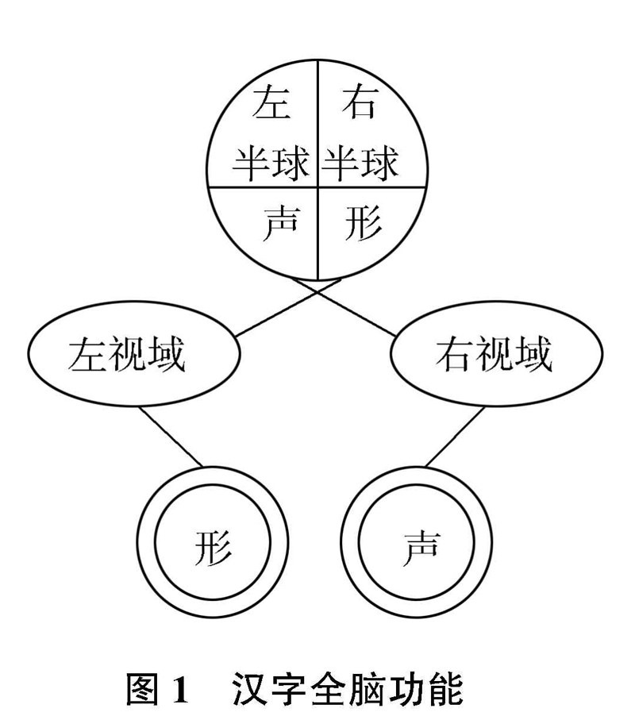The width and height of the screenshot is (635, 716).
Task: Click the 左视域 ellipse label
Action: (128, 355)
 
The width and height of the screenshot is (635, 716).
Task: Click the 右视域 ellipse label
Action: (494, 355)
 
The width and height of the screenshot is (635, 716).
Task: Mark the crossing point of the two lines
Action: (318, 291)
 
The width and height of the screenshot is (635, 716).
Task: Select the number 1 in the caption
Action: (180, 689)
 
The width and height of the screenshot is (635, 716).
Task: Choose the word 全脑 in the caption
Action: (348, 689)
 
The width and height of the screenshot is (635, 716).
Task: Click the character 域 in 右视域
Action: (532, 355)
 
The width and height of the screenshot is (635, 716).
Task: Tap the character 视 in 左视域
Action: (128, 355)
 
